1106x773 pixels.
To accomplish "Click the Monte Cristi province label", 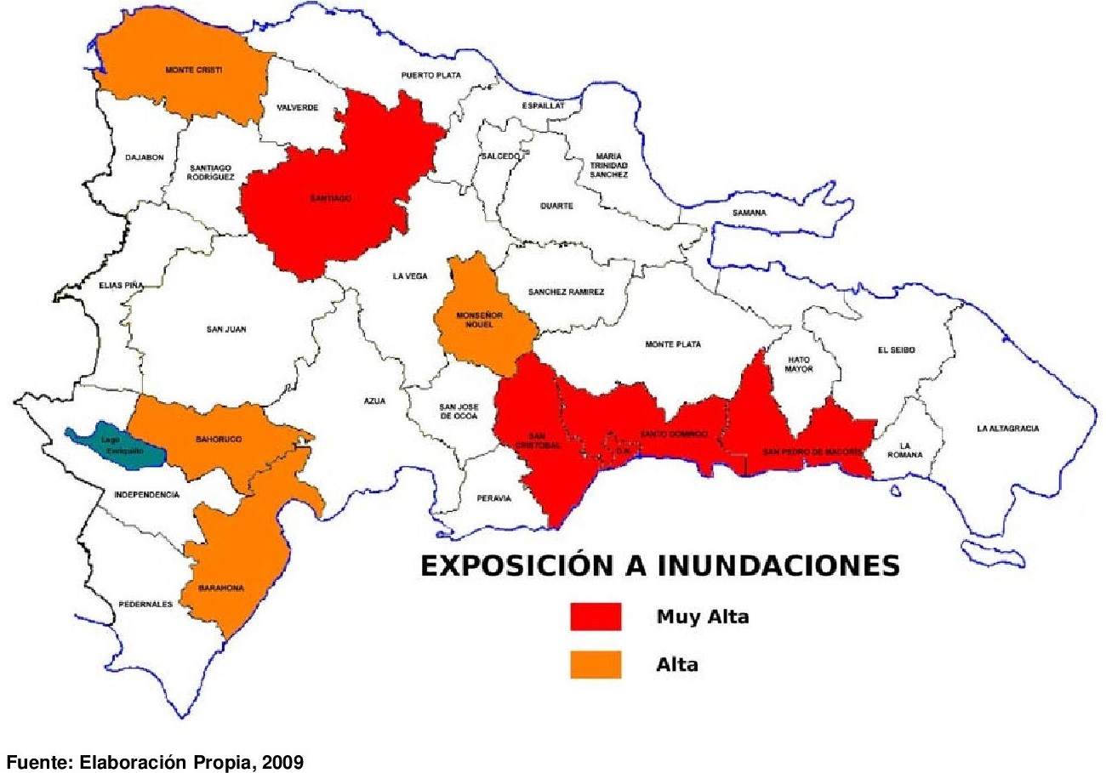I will (x=193, y=70).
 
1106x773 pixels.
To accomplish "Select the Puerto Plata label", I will (x=430, y=76).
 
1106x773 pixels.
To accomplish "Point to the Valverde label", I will (x=298, y=108).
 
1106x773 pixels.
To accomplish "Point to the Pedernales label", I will (x=145, y=604).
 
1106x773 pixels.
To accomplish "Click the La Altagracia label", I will (x=1007, y=429).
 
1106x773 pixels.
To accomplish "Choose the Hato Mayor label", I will (x=799, y=364).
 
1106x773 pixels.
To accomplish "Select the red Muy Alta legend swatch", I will (x=595, y=617).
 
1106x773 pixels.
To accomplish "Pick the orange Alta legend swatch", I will (x=595, y=665).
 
